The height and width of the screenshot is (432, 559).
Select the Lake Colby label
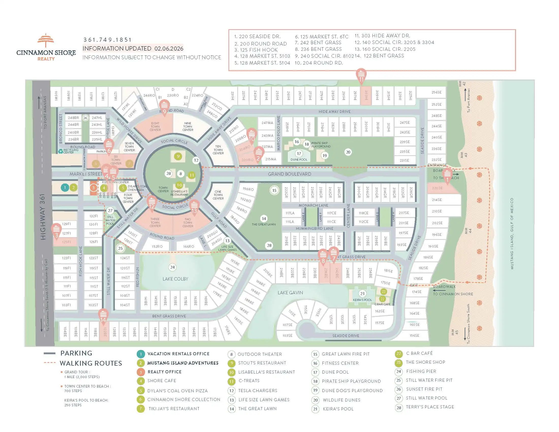[x=175, y=279]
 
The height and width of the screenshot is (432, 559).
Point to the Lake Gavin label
[x=290, y=292]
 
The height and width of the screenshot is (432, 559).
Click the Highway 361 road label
[x=43, y=217]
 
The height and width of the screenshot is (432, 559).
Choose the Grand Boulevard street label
[x=289, y=174]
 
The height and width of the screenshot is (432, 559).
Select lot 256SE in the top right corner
[x=436, y=92]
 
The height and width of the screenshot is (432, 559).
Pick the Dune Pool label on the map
[x=299, y=159]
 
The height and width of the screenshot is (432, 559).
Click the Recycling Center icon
[x=61, y=151]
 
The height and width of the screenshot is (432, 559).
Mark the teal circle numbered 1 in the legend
[x=141, y=354]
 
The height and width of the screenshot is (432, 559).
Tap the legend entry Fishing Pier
[x=421, y=371]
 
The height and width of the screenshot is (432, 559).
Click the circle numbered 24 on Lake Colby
[x=173, y=267]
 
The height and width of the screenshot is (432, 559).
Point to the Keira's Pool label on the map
[x=362, y=300]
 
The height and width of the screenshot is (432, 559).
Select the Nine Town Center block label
[x=188, y=127]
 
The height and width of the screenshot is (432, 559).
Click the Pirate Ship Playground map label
[x=321, y=145]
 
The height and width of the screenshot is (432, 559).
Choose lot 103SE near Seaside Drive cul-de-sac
[x=287, y=335]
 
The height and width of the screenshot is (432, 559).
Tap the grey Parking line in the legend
[x=50, y=353]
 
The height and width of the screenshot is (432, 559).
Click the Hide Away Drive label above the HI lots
[x=335, y=112]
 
